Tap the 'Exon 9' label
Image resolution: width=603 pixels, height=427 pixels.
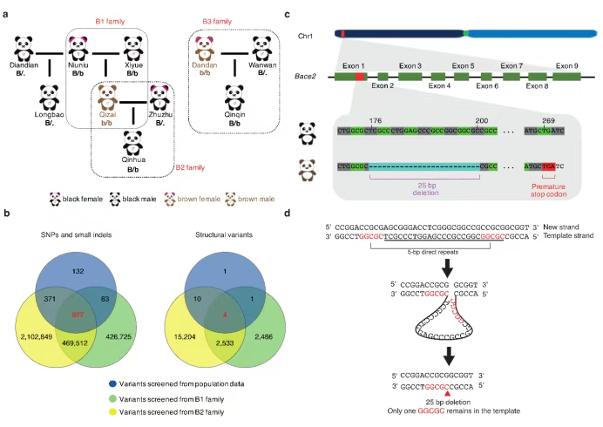point(566,66)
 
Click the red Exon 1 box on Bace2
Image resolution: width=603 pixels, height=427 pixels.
point(359,78)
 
